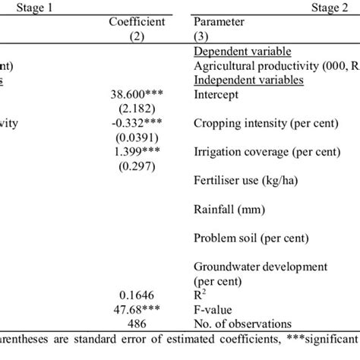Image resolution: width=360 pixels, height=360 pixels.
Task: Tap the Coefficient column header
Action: click(138, 22)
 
